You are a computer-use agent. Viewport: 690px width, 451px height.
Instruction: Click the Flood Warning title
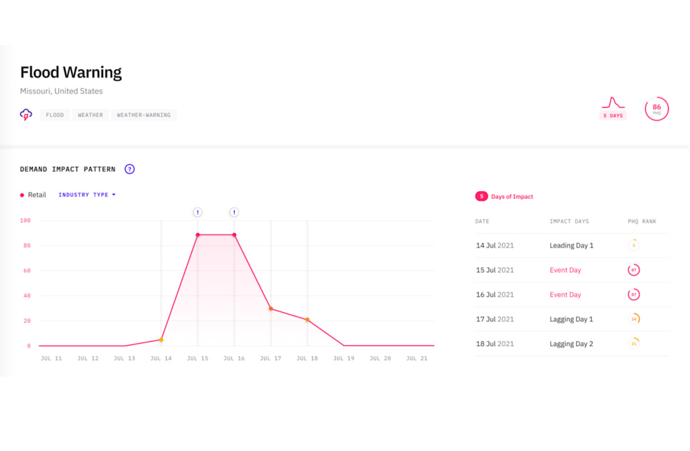(71, 73)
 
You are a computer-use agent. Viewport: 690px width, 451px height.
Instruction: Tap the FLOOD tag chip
(55, 115)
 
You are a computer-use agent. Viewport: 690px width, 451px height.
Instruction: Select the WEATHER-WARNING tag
(144, 115)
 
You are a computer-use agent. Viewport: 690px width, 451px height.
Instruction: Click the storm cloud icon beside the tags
(26, 115)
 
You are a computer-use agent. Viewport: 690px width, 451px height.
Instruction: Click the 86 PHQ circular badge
(657, 108)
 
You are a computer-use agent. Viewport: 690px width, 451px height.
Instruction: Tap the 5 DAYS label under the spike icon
(613, 116)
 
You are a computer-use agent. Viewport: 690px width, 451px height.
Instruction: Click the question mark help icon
(130, 169)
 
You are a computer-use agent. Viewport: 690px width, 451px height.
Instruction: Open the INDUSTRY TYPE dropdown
(87, 195)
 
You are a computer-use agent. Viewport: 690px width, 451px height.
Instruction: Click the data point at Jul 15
(198, 235)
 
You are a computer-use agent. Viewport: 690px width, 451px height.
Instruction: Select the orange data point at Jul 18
(307, 320)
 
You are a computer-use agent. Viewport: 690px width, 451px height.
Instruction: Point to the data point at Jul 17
(271, 309)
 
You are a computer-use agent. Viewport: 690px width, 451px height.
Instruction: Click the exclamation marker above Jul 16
(234, 213)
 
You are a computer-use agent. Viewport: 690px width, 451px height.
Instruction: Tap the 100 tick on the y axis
(25, 221)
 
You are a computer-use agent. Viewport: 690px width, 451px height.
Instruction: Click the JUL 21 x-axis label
(416, 358)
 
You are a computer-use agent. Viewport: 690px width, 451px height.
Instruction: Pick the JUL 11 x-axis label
(51, 358)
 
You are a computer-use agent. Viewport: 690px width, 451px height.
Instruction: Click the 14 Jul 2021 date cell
(494, 245)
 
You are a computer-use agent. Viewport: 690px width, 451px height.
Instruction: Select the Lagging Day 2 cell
(571, 344)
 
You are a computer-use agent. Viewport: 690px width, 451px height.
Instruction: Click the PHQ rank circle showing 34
(634, 319)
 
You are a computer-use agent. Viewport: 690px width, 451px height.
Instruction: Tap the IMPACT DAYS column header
(569, 222)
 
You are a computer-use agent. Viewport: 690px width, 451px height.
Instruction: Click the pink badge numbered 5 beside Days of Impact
(481, 196)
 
